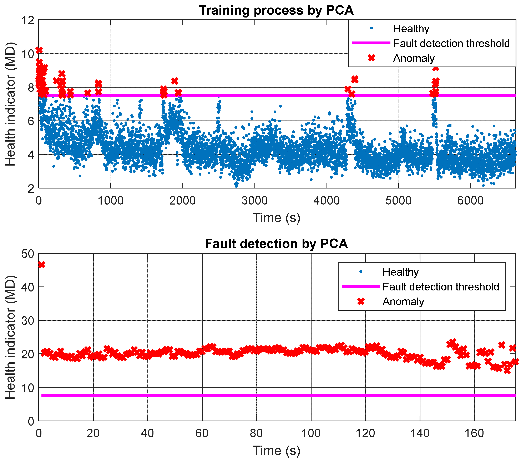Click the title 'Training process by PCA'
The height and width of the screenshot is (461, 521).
coord(276,10)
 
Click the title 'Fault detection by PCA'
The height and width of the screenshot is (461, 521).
coord(276,244)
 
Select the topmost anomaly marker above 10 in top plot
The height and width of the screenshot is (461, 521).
coord(39,50)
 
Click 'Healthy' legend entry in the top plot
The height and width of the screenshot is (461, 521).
coord(411,29)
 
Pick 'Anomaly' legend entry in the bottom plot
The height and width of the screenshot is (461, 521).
coord(403,302)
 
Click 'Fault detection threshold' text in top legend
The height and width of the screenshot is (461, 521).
coord(451,43)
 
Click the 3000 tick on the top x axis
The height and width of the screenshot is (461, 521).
coord(255,201)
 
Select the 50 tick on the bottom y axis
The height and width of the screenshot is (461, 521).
coord(28,254)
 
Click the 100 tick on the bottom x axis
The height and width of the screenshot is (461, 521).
coord(311,433)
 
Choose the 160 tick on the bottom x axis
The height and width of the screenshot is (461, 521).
coord(474,433)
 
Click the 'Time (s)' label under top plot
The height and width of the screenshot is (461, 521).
coord(277,218)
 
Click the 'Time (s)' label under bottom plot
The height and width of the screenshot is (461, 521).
coord(277,451)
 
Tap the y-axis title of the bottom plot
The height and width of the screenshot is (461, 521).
coord(11,337)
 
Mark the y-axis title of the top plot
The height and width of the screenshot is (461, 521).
coord(11,104)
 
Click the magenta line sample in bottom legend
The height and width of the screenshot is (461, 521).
coord(360,286)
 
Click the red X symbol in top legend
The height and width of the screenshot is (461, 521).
coord(371,58)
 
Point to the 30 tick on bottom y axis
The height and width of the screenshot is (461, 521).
coord(28,321)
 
